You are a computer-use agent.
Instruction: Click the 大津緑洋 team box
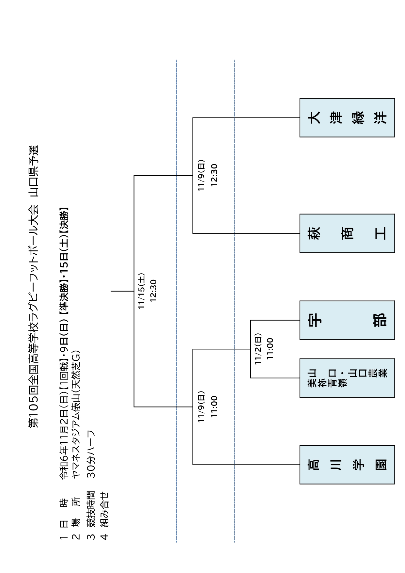347,118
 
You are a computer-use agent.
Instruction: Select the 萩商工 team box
347,233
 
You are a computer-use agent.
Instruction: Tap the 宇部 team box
347,320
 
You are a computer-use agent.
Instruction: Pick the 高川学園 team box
347,464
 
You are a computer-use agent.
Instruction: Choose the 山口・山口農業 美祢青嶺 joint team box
347,378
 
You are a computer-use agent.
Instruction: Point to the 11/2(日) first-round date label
258,349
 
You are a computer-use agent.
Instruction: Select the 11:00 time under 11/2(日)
270,349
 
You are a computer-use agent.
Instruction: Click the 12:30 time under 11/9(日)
214,175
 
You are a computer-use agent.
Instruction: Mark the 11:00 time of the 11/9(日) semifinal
214,406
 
